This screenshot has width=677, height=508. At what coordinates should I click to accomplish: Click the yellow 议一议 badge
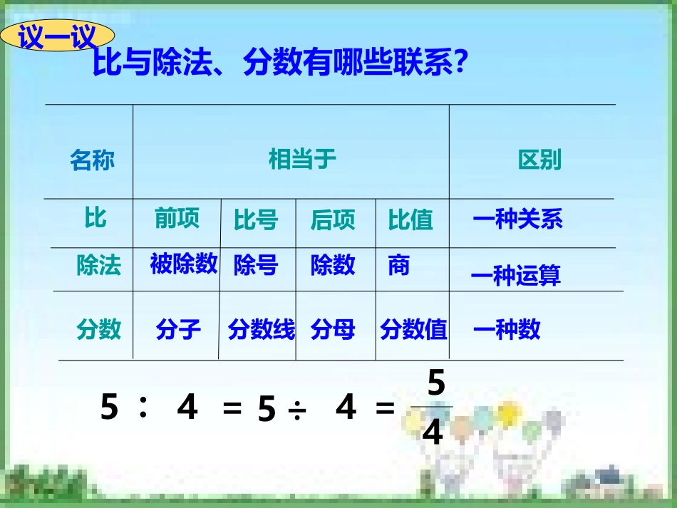(56, 37)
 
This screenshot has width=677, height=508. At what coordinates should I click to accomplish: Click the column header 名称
(92, 160)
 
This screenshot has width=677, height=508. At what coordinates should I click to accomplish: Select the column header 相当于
(302, 158)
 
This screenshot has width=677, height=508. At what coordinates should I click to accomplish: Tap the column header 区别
(539, 159)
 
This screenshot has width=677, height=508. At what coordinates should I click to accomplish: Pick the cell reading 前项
(177, 219)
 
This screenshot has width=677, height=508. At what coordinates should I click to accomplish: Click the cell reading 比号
(256, 221)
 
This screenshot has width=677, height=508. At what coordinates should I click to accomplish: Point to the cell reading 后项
(333, 220)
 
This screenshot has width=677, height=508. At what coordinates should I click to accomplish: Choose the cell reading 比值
(410, 220)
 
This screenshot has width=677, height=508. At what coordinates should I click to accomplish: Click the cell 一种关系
(518, 219)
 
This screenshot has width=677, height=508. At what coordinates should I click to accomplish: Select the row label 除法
(99, 265)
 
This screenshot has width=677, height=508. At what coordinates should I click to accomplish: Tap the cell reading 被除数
(184, 264)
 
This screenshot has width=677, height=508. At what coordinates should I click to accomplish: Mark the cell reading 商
(399, 265)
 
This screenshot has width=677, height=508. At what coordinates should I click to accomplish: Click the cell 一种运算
(517, 275)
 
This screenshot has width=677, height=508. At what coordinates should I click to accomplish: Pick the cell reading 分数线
(262, 329)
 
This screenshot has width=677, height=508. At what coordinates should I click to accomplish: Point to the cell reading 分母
(333, 329)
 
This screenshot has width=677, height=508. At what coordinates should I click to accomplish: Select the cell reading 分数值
(413, 329)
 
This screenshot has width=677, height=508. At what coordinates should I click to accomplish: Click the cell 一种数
(507, 328)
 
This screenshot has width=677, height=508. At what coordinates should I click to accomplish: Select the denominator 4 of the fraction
(432, 432)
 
